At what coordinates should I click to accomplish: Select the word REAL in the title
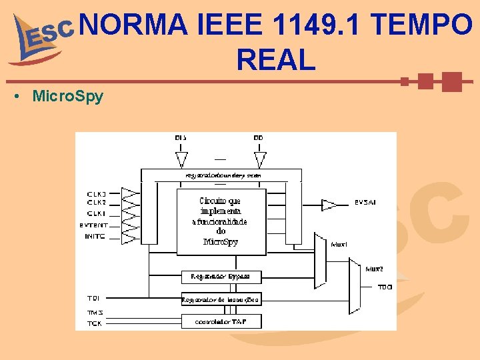click(x=275, y=60)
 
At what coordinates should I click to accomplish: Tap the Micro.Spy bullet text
click(x=67, y=96)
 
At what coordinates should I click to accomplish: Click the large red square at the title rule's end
click(x=451, y=82)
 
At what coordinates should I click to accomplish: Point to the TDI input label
click(x=93, y=298)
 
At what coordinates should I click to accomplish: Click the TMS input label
click(x=95, y=312)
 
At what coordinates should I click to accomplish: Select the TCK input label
click(x=95, y=323)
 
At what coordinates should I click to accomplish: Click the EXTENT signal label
click(x=94, y=225)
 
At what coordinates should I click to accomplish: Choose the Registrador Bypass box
click(x=221, y=276)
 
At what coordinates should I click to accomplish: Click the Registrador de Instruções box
click(x=221, y=299)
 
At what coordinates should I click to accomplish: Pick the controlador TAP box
click(x=221, y=321)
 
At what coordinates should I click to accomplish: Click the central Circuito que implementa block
click(x=221, y=221)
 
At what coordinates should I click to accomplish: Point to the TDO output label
click(x=385, y=287)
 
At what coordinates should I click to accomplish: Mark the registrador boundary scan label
click(x=222, y=175)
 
